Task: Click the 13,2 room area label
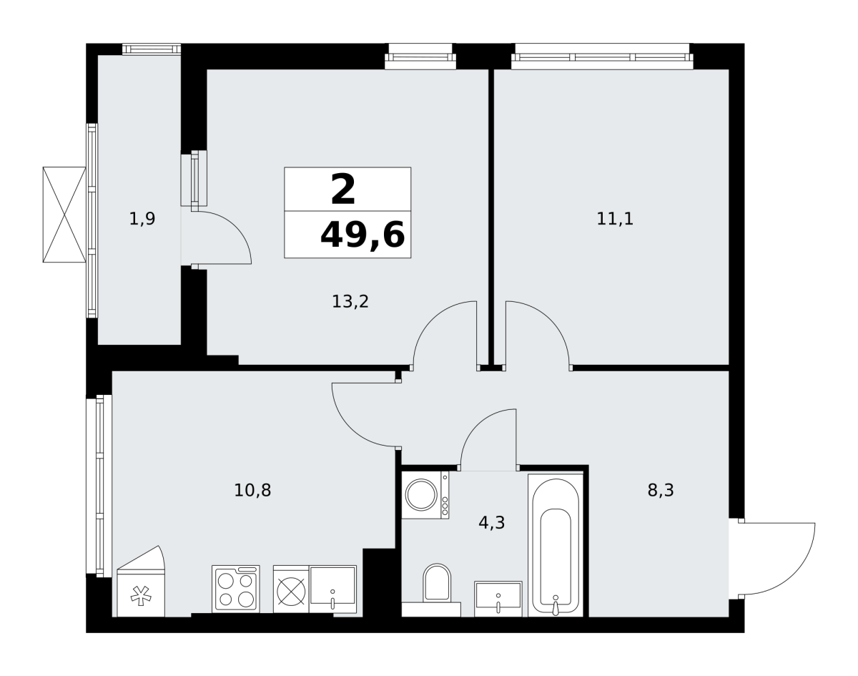tap(350, 302)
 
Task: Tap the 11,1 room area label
tap(615, 219)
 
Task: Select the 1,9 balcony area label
tap(142, 219)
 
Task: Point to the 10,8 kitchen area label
tap(252, 491)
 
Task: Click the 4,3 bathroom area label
tap(492, 523)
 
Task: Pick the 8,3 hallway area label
tap(661, 491)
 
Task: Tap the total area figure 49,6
tap(363, 235)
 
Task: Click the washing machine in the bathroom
tap(425, 495)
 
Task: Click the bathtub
tap(556, 545)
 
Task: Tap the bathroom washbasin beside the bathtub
tap(498, 599)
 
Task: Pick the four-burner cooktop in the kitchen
tap(236, 589)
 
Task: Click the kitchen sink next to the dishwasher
tap(332, 589)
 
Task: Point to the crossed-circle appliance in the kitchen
tap(291, 589)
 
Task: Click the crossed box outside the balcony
tap(64, 215)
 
